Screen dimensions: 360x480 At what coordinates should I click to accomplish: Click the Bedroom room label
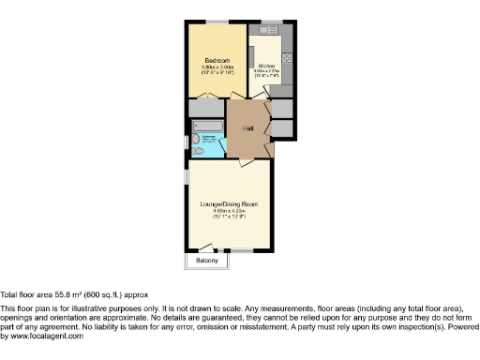point(217,60)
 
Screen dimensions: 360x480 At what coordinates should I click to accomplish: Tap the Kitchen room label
point(266,66)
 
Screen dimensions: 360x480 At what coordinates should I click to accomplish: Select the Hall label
point(248,128)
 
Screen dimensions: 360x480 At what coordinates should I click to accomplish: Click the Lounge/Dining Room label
point(229,203)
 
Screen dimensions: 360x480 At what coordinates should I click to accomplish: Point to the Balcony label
point(206,261)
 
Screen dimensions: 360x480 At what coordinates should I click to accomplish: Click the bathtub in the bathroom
point(206,125)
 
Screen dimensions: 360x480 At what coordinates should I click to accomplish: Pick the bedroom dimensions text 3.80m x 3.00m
point(217,67)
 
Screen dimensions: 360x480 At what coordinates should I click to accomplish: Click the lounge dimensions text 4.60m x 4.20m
point(229,211)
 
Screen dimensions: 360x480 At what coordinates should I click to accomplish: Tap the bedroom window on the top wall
point(218,22)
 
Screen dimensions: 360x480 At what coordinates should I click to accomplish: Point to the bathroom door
point(225,142)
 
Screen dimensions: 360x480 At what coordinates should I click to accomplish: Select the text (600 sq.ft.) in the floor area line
point(99,293)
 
